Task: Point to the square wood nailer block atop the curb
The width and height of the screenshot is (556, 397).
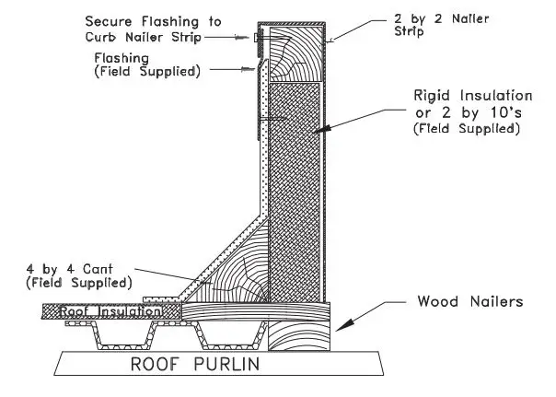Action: [x=295, y=52]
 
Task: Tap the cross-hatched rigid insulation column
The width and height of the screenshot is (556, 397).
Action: [x=295, y=184]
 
